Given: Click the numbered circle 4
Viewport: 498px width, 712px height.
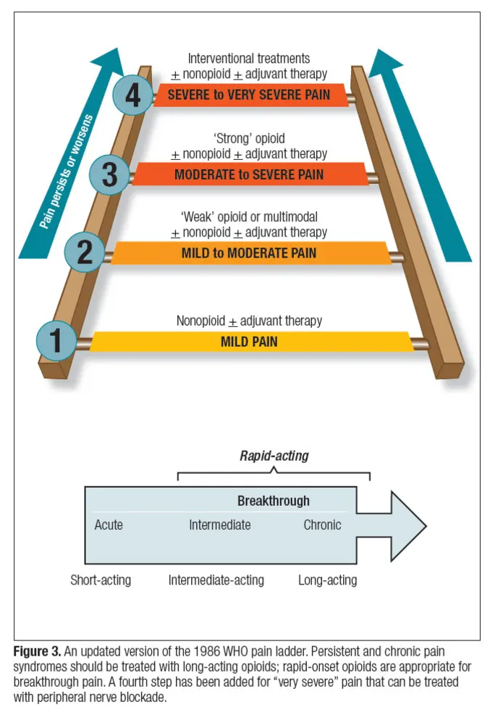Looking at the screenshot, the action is pyautogui.click(x=132, y=96).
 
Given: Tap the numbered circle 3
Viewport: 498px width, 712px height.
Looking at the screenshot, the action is pyautogui.click(x=109, y=175).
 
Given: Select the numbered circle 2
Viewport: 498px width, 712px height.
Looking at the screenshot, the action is pyautogui.click(x=85, y=253).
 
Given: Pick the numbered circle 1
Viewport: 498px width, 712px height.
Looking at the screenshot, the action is pyautogui.click(x=56, y=341).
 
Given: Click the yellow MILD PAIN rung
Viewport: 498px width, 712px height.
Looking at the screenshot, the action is pyautogui.click(x=251, y=342).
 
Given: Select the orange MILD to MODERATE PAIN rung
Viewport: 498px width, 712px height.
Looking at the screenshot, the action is pyautogui.click(x=251, y=253).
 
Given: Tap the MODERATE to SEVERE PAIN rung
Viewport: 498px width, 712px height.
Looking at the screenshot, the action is pyautogui.click(x=250, y=174).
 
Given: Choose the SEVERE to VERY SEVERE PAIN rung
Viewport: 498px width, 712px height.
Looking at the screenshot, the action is pyautogui.click(x=250, y=95).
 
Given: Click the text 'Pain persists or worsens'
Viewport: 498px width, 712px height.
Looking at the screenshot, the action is pyautogui.click(x=67, y=171).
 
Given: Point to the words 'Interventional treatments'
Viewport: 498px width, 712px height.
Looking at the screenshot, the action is pyautogui.click(x=249, y=59).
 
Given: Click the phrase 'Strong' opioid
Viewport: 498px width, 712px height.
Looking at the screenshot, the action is pyautogui.click(x=249, y=138).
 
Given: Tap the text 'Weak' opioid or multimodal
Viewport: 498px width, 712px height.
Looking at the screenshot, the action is pyautogui.click(x=249, y=217).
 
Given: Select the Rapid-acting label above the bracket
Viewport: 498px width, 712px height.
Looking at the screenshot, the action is pyautogui.click(x=274, y=456).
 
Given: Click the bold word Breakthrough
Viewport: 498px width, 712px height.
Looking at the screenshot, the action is pyautogui.click(x=274, y=501).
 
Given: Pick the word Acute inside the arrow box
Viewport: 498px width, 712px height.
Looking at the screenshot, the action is pyautogui.click(x=109, y=525).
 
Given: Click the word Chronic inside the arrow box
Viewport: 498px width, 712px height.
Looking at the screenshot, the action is pyautogui.click(x=322, y=525).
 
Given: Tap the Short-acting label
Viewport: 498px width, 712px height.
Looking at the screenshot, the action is pyautogui.click(x=101, y=580).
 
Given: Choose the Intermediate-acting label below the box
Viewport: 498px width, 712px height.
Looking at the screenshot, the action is pyautogui.click(x=216, y=580).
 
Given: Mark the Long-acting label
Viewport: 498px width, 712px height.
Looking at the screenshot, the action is pyautogui.click(x=328, y=580).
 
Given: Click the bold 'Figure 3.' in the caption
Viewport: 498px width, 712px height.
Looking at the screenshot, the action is pyautogui.click(x=37, y=652).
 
